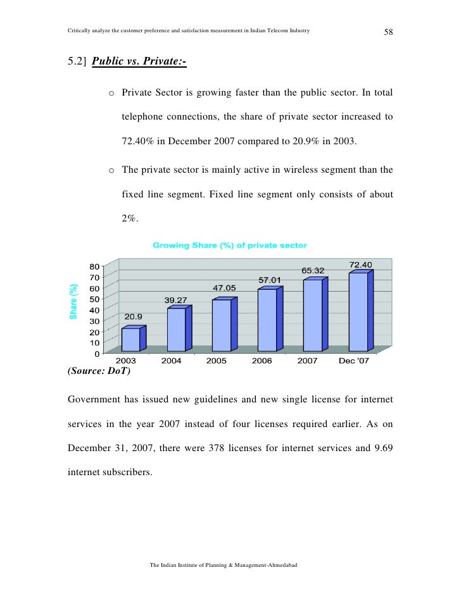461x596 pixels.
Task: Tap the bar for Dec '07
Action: (358, 311)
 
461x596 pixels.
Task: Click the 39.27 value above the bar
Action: (177, 299)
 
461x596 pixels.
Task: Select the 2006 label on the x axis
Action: (262, 361)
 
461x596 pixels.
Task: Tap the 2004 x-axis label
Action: (171, 361)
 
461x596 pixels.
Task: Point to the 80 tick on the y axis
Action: (94, 266)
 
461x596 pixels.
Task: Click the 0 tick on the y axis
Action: (96, 353)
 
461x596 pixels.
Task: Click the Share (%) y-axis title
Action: (73, 301)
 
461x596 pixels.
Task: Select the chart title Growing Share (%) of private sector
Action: (229, 245)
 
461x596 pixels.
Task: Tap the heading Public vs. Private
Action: (139, 62)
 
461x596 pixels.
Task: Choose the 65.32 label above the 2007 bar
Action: (313, 271)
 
